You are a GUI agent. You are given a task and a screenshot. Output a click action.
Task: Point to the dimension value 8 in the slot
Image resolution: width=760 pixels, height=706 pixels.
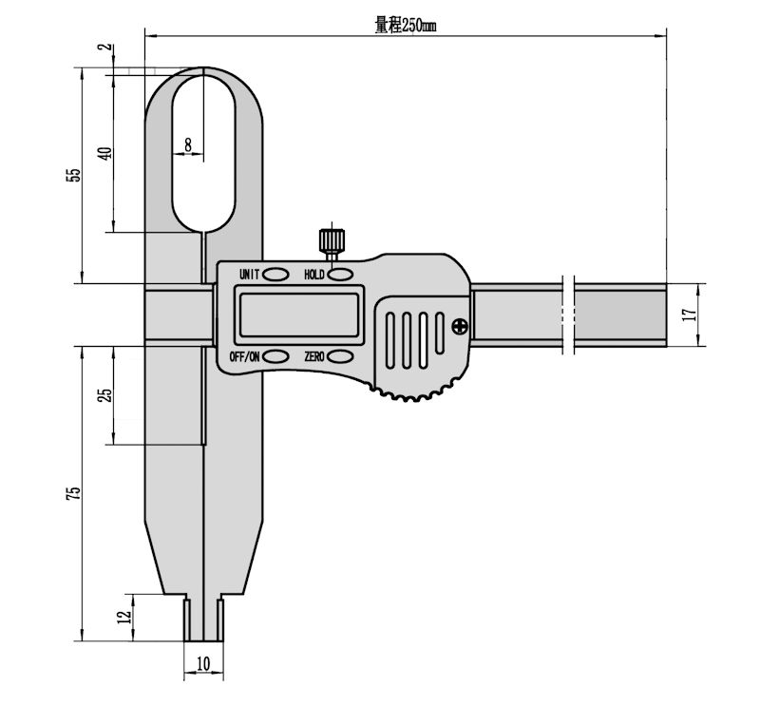pyautogui.click(x=188, y=144)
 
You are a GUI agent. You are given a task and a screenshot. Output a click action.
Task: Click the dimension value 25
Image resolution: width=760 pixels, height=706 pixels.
pyautogui.click(x=105, y=393)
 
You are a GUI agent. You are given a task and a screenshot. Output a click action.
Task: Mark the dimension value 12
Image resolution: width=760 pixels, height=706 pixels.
pyautogui.click(x=123, y=617)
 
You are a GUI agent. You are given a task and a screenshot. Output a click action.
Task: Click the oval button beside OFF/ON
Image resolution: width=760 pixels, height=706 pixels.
pyautogui.click(x=276, y=356)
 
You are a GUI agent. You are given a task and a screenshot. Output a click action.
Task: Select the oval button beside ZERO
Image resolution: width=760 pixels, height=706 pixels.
pyautogui.click(x=341, y=356)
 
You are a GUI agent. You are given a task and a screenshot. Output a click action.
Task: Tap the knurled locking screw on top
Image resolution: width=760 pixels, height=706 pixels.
pyautogui.click(x=331, y=238)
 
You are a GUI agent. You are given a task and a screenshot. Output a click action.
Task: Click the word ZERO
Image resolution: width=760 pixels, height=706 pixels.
pyautogui.click(x=314, y=356)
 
